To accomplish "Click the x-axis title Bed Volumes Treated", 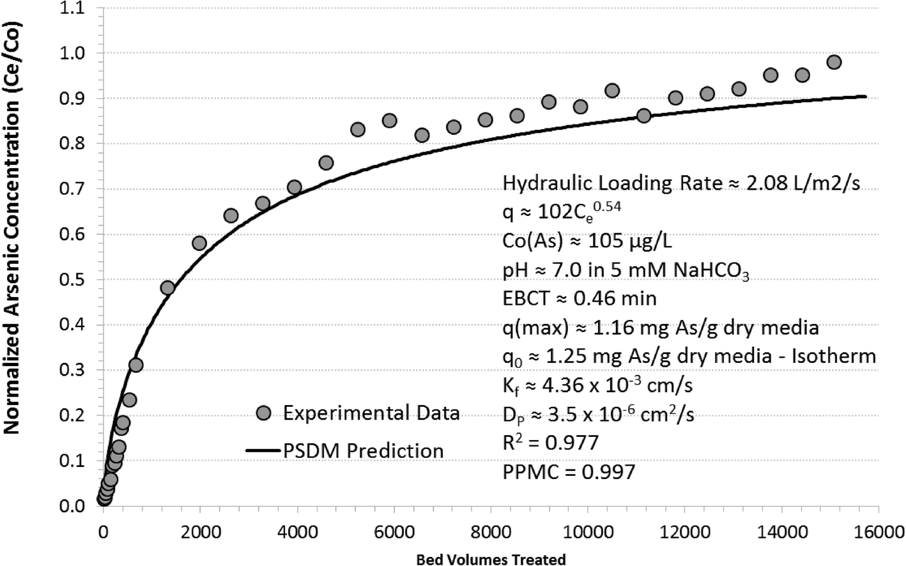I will click(491, 560).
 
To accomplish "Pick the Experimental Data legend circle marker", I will click(263, 413).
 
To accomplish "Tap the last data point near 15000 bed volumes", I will click(834, 62).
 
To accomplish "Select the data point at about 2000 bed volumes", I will click(199, 243).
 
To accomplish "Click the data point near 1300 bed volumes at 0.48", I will click(167, 287).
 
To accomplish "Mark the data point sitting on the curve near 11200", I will click(643, 116).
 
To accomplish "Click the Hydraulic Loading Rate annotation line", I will click(681, 183).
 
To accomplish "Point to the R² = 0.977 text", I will click(551, 442).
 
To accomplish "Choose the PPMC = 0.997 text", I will click(569, 472).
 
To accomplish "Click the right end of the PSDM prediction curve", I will click(865, 96).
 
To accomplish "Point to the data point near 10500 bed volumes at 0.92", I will click(611, 90).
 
